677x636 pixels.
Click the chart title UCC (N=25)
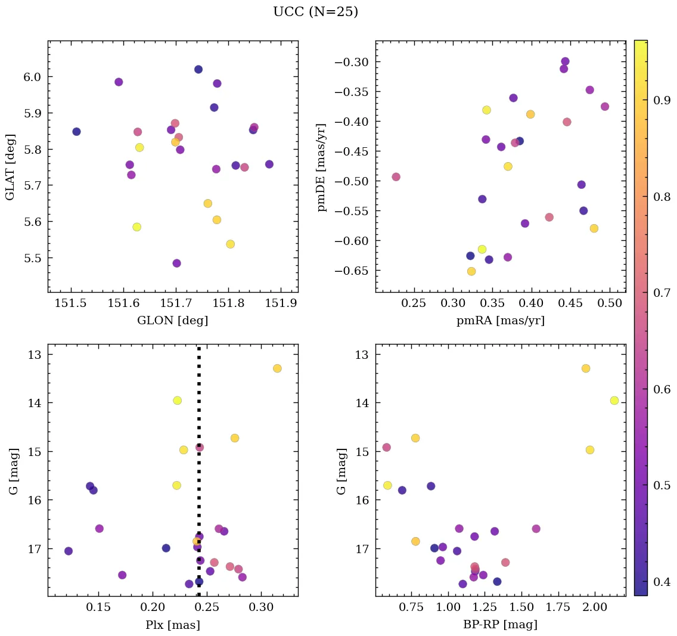pos(315,12)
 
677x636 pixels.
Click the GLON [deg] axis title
pos(172,321)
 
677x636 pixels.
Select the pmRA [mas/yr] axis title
pos(500,321)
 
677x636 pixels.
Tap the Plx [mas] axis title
pos(172,625)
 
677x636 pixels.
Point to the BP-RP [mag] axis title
pos(500,625)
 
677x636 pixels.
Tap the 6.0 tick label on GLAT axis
pos(32,77)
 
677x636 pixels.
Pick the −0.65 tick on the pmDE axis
pos(355,271)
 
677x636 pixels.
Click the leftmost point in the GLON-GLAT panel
pos(76,132)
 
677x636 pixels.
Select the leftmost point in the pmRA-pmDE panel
pos(396,177)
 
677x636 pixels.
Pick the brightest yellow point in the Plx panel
pos(177,401)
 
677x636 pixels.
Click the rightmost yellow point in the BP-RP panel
pos(614,401)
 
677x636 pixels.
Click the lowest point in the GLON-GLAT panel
pos(176,263)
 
